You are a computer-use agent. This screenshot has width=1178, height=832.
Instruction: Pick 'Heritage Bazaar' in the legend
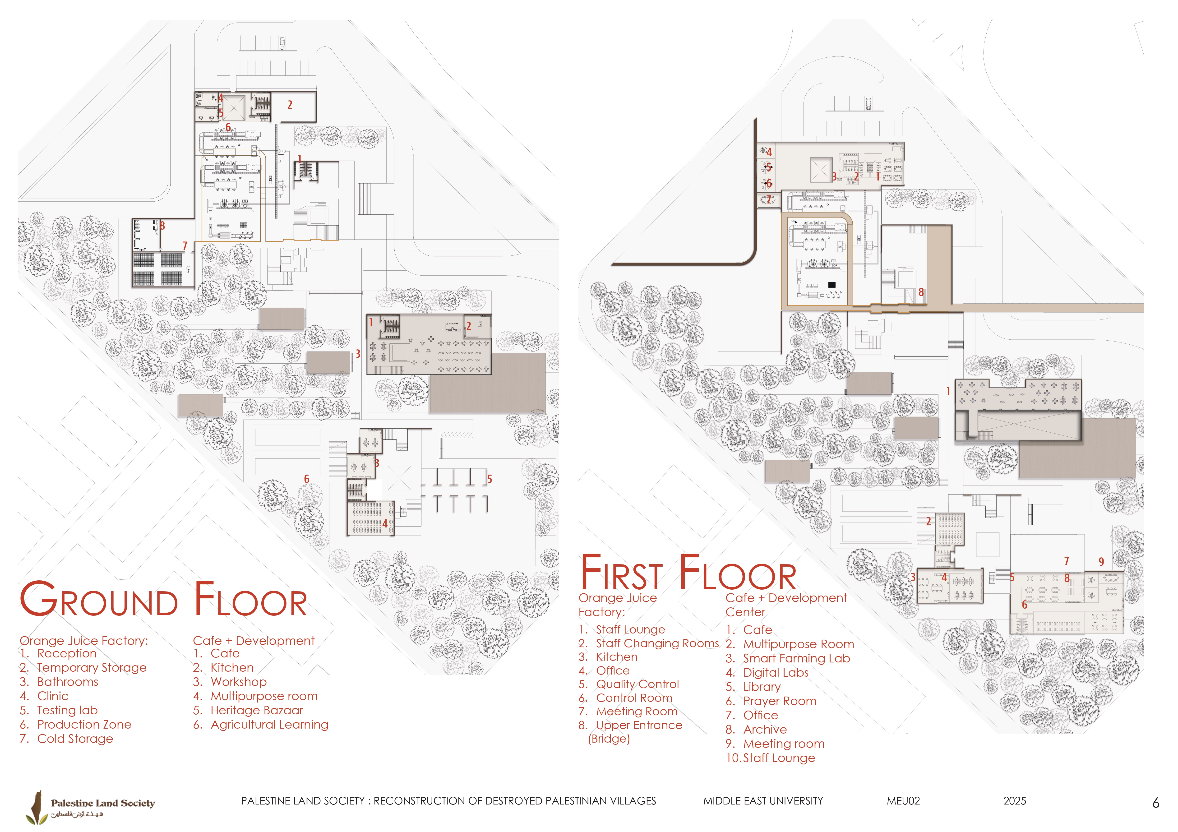coord(257,710)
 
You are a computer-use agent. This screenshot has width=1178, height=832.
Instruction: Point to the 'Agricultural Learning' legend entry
coord(269,725)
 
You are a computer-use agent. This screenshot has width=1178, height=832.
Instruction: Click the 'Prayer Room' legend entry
coord(779,701)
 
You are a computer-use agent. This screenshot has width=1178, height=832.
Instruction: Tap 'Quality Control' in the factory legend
coord(637,684)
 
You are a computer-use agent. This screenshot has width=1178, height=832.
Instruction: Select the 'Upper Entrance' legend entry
coord(639,725)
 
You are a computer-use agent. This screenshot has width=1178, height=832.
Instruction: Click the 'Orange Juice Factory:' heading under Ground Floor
coord(84,641)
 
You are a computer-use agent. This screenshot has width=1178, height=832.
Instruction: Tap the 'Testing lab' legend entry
coord(67,710)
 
